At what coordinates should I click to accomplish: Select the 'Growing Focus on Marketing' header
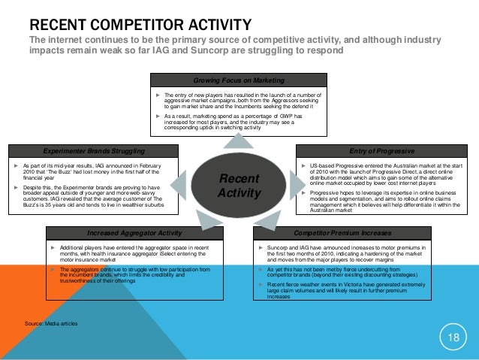[238, 79]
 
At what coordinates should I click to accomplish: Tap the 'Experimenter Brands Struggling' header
[94, 150]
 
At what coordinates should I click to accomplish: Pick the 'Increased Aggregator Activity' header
[135, 233]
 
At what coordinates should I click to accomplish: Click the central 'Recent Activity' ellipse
[238, 184]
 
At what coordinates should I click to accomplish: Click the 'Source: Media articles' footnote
[50, 323]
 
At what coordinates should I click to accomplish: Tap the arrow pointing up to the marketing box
[238, 141]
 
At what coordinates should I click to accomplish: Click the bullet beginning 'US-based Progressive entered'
[384, 174]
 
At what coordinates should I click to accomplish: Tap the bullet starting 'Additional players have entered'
[135, 253]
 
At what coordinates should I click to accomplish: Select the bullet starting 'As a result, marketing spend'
[240, 123]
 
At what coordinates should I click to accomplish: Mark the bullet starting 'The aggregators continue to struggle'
[135, 274]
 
